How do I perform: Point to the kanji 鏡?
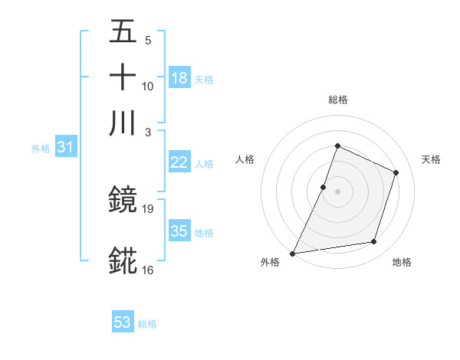(x=123, y=200)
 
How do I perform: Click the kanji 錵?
(x=123, y=261)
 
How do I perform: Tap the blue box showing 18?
(x=179, y=77)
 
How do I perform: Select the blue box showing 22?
(x=179, y=162)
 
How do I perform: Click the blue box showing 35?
(x=179, y=231)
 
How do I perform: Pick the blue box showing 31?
(x=65, y=148)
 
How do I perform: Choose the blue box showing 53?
(x=123, y=322)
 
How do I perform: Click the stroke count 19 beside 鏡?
(x=149, y=208)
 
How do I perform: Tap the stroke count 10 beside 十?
(x=148, y=86)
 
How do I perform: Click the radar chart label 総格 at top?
(x=337, y=100)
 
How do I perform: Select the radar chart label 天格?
(x=432, y=159)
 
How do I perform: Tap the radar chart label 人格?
(x=245, y=159)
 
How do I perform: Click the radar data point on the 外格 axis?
(x=293, y=253)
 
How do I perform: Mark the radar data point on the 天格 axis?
(x=396, y=172)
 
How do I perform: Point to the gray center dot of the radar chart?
(x=337, y=191)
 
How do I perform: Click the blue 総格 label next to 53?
(x=147, y=324)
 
